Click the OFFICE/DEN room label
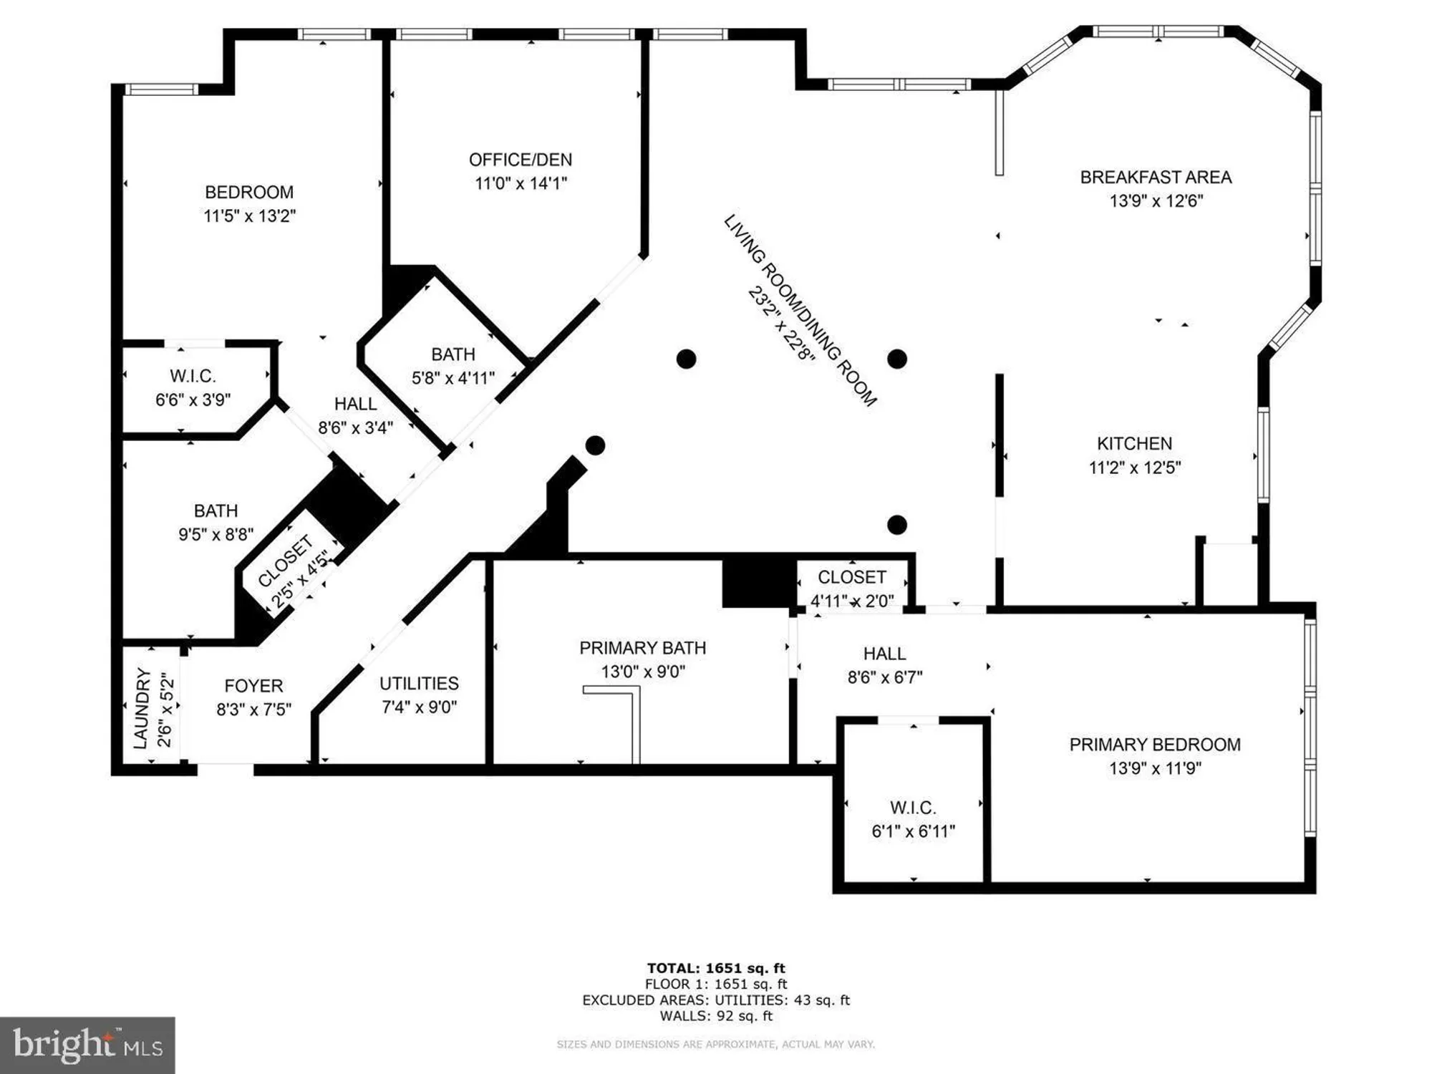[521, 160]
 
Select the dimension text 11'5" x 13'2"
[249, 216]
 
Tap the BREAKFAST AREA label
[1156, 177]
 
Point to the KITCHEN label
[1135, 443]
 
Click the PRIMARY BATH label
[642, 648]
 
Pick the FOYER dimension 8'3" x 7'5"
[253, 710]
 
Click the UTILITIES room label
[419, 683]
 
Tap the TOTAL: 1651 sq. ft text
[716, 968]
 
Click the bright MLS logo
[87, 1045]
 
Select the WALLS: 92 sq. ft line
[716, 1015]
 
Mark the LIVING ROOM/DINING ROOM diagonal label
[800, 311]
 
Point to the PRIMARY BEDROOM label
[1155, 745]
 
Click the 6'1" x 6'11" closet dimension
[913, 831]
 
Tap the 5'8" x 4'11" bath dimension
[453, 377]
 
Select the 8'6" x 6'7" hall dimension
[885, 677]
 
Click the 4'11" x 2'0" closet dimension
[852, 601]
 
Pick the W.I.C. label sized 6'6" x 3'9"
[193, 376]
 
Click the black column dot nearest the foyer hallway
[596, 445]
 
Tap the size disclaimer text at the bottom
[716, 1045]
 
